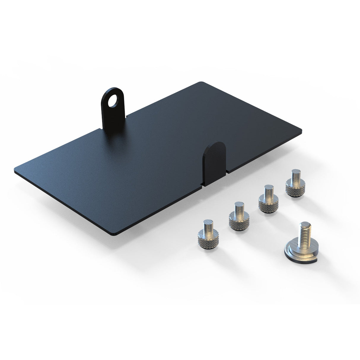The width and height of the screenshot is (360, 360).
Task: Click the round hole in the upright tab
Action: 112,102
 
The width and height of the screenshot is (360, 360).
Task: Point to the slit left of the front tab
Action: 202,185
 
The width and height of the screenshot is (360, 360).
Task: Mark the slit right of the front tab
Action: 227,171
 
